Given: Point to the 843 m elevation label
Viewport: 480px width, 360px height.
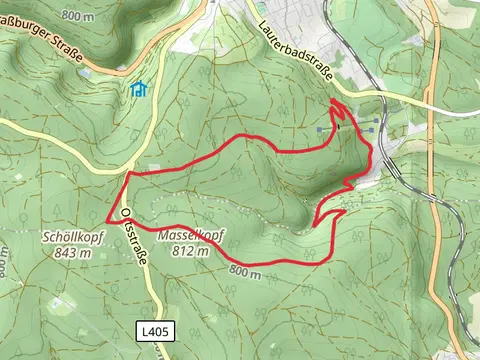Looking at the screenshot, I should (69, 253).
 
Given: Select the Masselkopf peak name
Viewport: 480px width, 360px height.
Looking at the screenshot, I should (190, 236).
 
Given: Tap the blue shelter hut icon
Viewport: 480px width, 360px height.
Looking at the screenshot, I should (139, 89).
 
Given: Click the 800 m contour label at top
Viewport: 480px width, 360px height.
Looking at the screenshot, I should (75, 16).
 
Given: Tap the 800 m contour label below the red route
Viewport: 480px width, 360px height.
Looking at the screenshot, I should (242, 272).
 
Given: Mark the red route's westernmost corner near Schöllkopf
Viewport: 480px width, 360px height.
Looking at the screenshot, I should (108, 221).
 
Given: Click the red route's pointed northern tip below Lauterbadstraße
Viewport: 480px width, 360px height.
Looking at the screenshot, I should (334, 101).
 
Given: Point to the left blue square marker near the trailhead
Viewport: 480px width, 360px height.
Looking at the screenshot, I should (320, 129).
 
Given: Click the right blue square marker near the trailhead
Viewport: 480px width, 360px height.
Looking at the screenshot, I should (374, 122).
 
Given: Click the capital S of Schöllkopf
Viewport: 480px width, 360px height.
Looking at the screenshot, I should (46, 238).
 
